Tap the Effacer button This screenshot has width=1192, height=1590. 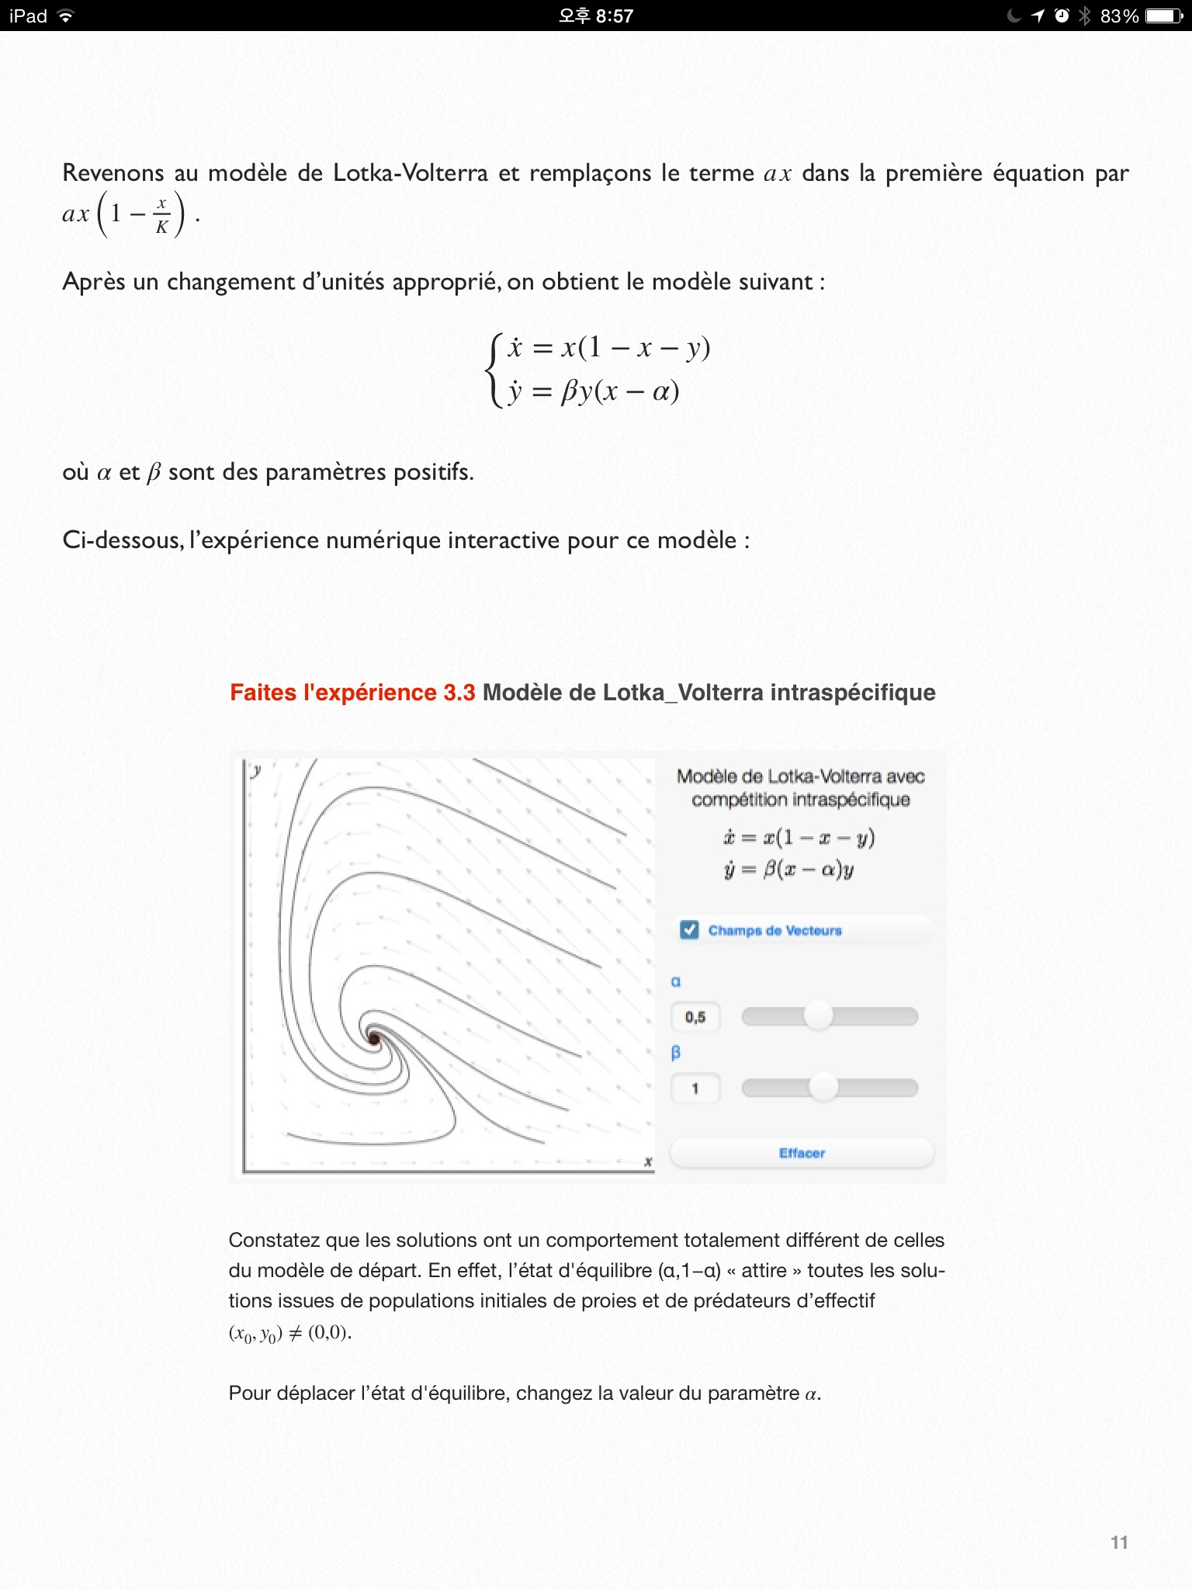pos(802,1153)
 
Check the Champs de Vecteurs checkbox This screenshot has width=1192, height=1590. pos(689,930)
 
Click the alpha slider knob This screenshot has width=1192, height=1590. pos(818,1015)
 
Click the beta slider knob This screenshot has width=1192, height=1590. pos(823,1087)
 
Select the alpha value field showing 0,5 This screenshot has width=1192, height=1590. pos(695,1017)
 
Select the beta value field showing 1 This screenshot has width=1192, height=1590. pos(695,1088)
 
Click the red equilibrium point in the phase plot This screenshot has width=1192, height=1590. pos(374,1039)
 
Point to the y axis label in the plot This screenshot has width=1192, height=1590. pos(256,770)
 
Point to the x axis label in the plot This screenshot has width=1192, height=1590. pos(648,1161)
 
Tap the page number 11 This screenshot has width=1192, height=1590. pos(1119,1543)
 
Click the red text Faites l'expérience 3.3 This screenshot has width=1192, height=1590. pos(352,693)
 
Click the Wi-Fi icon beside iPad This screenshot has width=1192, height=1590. pos(66,16)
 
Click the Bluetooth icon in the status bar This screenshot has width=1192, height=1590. pos(1085,16)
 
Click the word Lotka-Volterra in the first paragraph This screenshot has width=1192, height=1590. pos(410,172)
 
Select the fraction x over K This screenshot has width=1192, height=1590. pos(161,215)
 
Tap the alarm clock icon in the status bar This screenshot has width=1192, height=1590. pos(1062,16)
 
